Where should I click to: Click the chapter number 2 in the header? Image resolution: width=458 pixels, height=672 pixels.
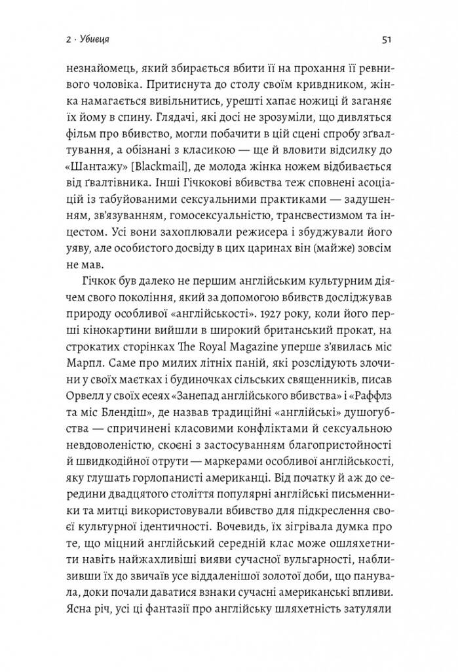(69, 40)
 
